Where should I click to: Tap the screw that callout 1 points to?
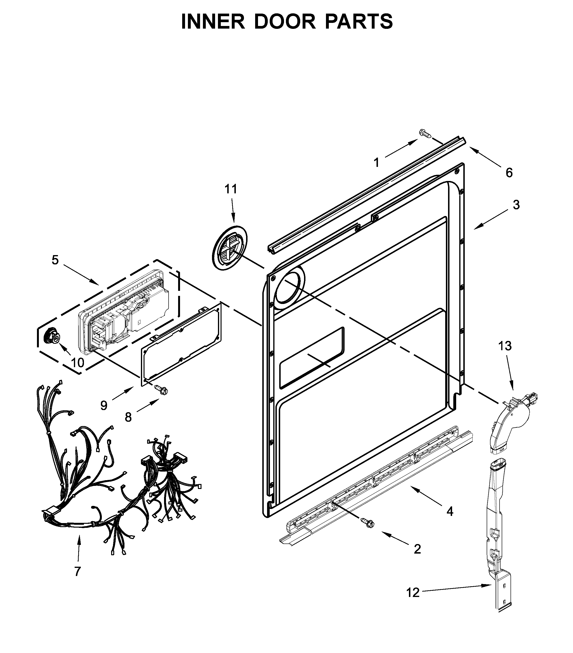coord(425,133)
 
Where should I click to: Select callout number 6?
coord(509,173)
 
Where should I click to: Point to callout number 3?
coord(516,205)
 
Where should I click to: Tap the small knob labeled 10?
coord(52,336)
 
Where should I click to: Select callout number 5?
coord(55,260)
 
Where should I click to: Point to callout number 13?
coord(505,346)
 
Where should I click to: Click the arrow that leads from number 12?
coord(457,589)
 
